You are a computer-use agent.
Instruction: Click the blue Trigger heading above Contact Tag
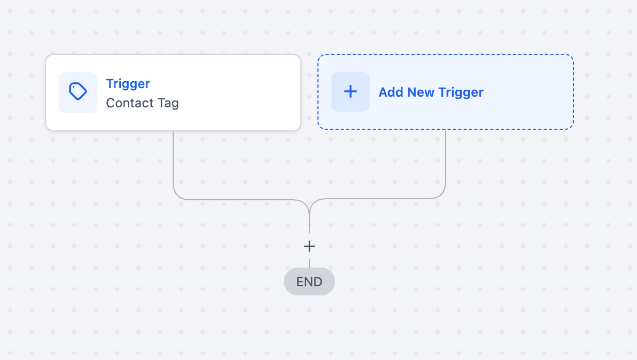(x=128, y=84)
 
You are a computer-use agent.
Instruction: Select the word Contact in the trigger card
(x=130, y=103)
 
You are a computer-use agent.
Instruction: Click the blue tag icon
(x=77, y=91)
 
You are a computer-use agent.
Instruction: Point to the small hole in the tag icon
(x=74, y=87)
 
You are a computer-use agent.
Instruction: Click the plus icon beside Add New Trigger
(x=351, y=92)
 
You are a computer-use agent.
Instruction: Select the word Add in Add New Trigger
(x=391, y=92)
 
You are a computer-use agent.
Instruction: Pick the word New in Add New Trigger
(x=421, y=92)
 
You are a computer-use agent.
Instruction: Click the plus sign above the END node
(x=309, y=246)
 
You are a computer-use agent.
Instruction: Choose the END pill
(x=309, y=281)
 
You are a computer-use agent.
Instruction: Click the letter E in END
(x=300, y=281)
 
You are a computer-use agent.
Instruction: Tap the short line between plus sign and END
(x=309, y=263)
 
